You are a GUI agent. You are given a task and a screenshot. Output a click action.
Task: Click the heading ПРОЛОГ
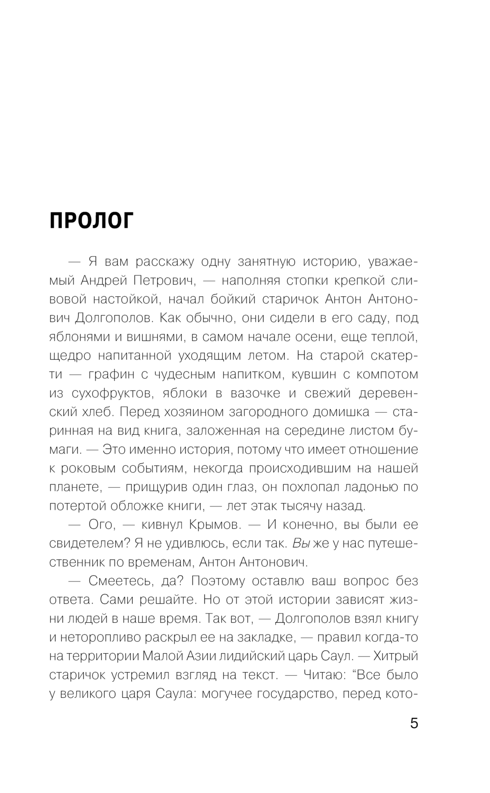click(x=91, y=222)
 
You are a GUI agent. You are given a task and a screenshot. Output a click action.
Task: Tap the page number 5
click(x=414, y=723)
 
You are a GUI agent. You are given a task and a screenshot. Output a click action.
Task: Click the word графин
click(x=111, y=374)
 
